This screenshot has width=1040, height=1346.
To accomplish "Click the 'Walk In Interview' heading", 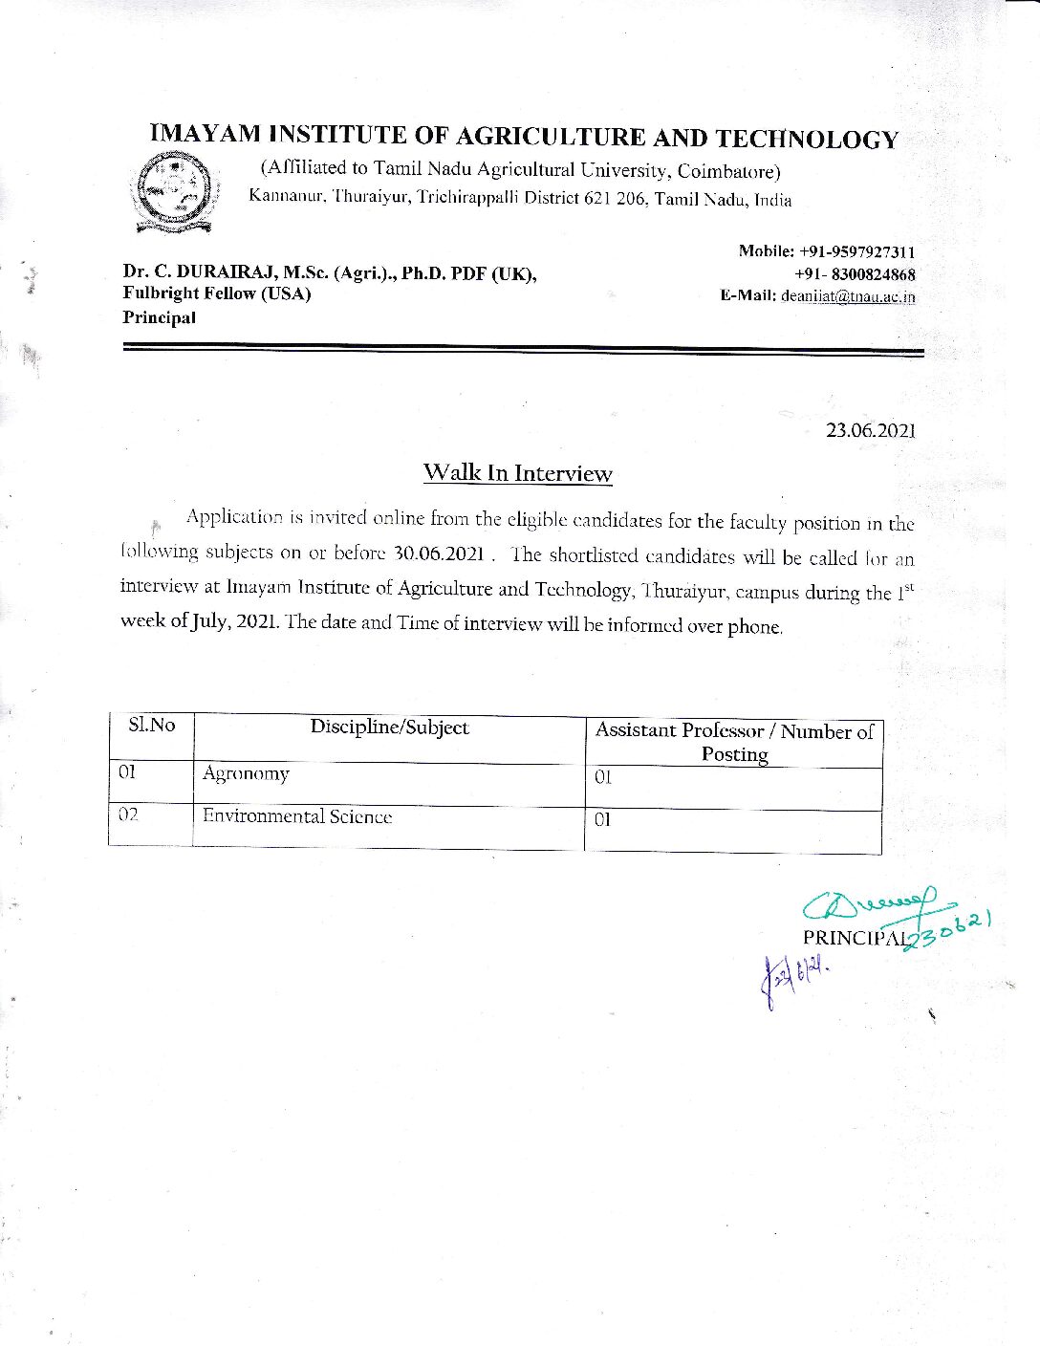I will [517, 473].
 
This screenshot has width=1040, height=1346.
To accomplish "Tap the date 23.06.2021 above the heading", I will [870, 430].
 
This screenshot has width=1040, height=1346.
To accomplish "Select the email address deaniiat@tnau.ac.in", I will [848, 296].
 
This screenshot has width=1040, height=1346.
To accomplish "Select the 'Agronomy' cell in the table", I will [246, 774].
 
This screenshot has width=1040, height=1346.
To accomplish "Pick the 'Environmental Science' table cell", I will [296, 817].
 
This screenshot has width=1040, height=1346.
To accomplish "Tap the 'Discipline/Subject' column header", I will [389, 727].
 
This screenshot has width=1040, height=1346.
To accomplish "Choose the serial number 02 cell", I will [129, 815].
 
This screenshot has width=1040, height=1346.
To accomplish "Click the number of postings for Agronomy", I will [602, 777].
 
